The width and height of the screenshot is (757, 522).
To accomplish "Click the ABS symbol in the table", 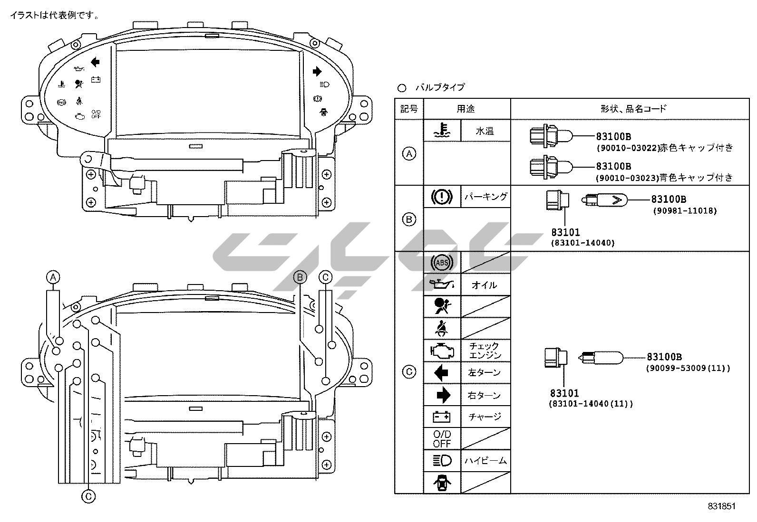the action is click(x=442, y=262).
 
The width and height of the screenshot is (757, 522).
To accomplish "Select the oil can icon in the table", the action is click(x=442, y=285).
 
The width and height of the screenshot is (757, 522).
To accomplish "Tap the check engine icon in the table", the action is click(x=442, y=351).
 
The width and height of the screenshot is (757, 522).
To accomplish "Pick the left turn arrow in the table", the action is click(x=441, y=372).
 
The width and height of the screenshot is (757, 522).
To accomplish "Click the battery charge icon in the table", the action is click(x=442, y=417).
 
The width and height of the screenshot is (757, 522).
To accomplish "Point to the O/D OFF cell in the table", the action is click(x=442, y=438).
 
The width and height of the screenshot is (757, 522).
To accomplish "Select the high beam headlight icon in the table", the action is click(x=442, y=460).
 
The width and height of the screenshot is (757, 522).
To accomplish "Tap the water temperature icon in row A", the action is click(x=442, y=130).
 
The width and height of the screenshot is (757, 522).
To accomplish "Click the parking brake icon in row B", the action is click(x=442, y=197).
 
